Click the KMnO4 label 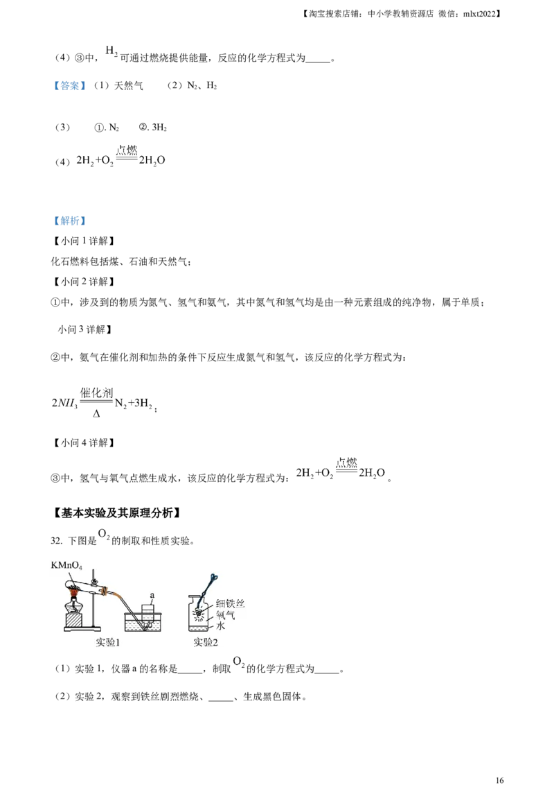pos(66,566)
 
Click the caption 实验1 pos(108,642)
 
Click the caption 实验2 pos(206,642)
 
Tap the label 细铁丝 pos(231,603)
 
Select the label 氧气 pos(226,614)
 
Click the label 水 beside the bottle pos(222,625)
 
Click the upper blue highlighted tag pos(69,86)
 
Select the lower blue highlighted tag pos(69,222)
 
